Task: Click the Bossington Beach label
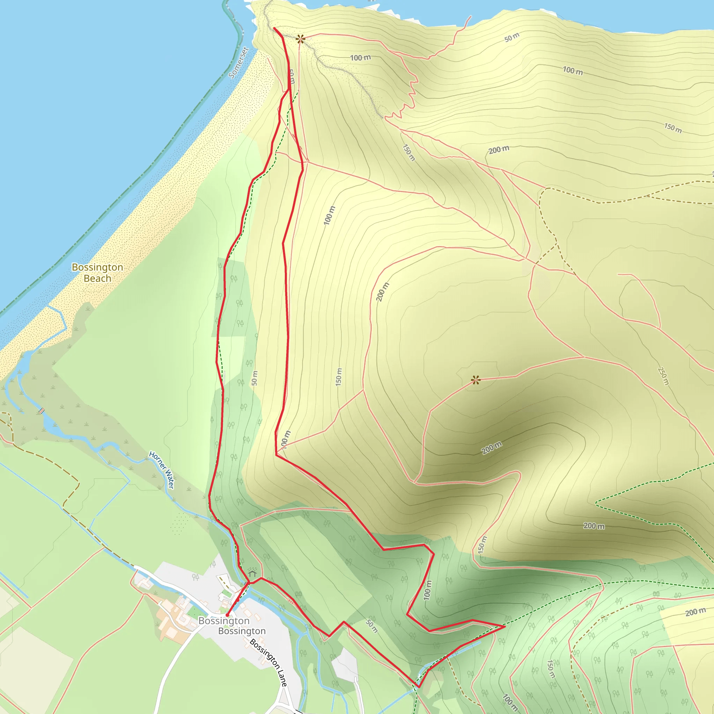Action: pos(98,272)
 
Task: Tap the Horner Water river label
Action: pos(161,470)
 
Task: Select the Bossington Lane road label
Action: pos(268,663)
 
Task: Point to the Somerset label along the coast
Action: pos(238,62)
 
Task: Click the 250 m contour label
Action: pos(663,376)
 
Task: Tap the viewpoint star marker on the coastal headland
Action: pos(301,38)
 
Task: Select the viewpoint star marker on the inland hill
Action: pos(476,380)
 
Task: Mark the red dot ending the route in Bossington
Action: pos(227,615)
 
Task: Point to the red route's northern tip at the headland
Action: pos(274,28)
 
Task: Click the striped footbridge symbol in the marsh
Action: pos(42,410)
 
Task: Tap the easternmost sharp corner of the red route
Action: pos(504,626)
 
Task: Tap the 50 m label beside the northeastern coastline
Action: pos(512,37)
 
